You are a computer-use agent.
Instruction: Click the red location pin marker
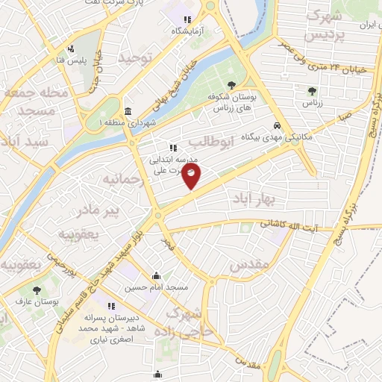[192, 176]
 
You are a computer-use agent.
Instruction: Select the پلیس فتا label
[74, 59]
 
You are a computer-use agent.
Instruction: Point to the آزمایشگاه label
[189, 31]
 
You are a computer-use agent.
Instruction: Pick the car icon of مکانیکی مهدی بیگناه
[277, 125]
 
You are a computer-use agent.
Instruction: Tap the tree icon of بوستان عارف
[35, 289]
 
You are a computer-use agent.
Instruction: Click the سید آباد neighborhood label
[25, 141]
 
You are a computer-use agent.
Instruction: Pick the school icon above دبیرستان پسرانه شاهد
[111, 306]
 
